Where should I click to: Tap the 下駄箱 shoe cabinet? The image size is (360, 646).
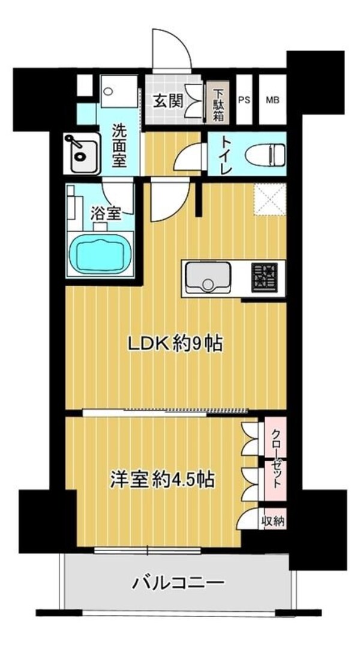coord(218,101)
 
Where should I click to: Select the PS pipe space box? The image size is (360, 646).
coord(244,100)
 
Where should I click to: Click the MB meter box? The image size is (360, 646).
coord(272,100)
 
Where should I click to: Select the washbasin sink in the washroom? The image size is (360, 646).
coord(82,153)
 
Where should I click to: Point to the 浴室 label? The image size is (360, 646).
coord(106,214)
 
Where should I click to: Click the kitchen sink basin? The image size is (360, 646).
coord(208,277)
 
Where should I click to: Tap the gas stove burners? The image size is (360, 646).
coord(264,278)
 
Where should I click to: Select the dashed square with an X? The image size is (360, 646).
coord(270,199)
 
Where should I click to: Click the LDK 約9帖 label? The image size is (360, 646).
coord(175,344)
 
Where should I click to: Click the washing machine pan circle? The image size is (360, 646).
coord(109,91)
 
